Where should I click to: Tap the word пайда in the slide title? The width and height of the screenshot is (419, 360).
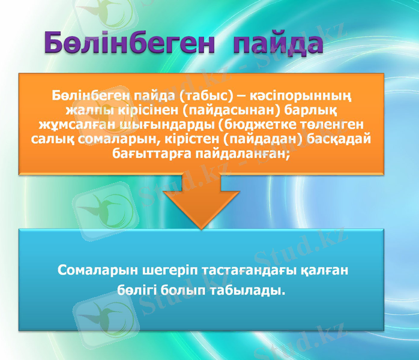point(277,44)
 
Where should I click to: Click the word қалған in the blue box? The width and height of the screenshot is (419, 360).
point(325,271)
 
